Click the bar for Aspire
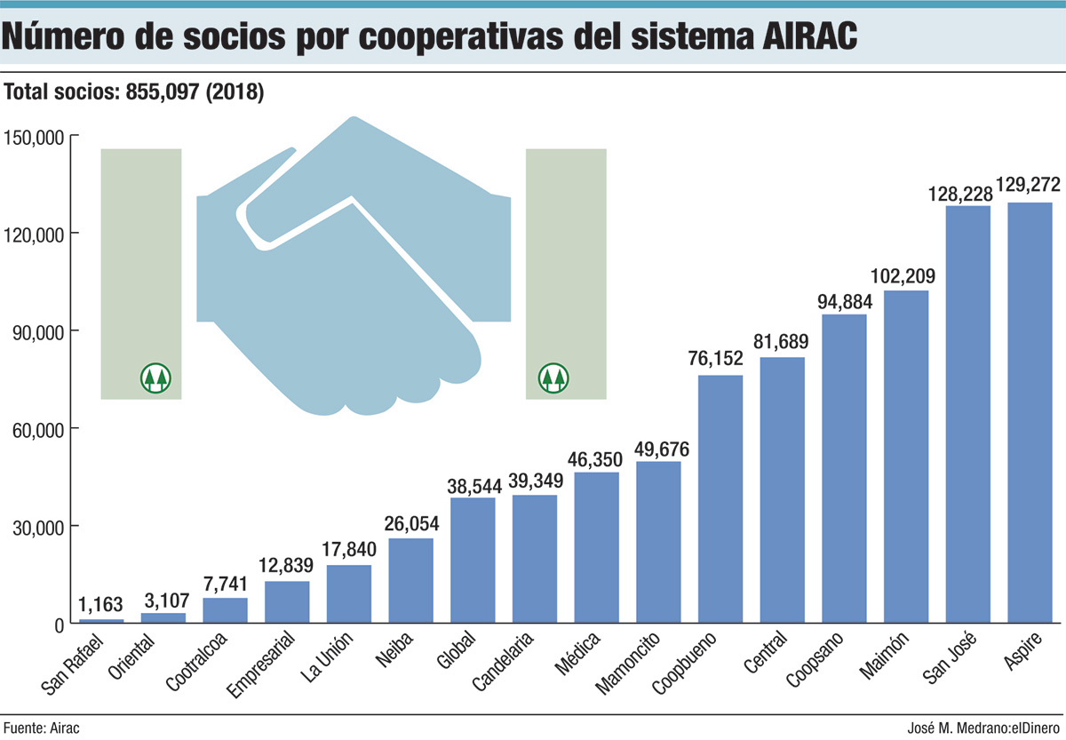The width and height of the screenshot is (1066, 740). pos(1030,413)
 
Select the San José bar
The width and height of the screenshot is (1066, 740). pos(967,415)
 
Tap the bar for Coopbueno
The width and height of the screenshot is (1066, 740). pos(720,499)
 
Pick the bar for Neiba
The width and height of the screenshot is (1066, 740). pos(410,581)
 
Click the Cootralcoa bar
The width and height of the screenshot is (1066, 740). pos(225,610)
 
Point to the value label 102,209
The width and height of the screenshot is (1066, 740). pos(906,276)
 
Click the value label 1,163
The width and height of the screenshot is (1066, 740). pos(101,605)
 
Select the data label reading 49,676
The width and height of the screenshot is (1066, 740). pos(658,447)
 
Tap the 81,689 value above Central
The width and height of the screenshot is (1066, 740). pos(783,343)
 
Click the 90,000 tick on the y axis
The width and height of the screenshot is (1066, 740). pos(36,331)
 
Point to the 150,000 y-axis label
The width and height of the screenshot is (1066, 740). pos(32,136)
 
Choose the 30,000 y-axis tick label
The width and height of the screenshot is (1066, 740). pos(36,527)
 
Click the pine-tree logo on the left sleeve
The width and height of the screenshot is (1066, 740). pos(156,378)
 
